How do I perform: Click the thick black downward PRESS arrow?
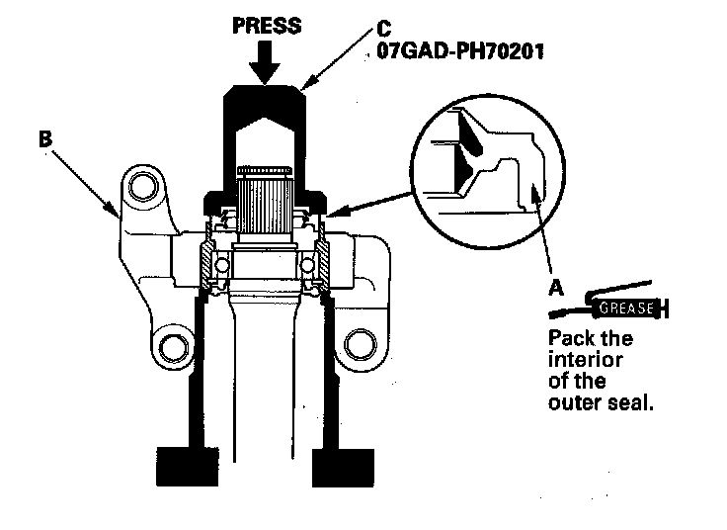265,63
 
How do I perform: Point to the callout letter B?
43,138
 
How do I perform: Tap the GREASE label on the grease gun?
628,308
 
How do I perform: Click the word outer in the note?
572,403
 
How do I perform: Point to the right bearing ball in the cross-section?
307,266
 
